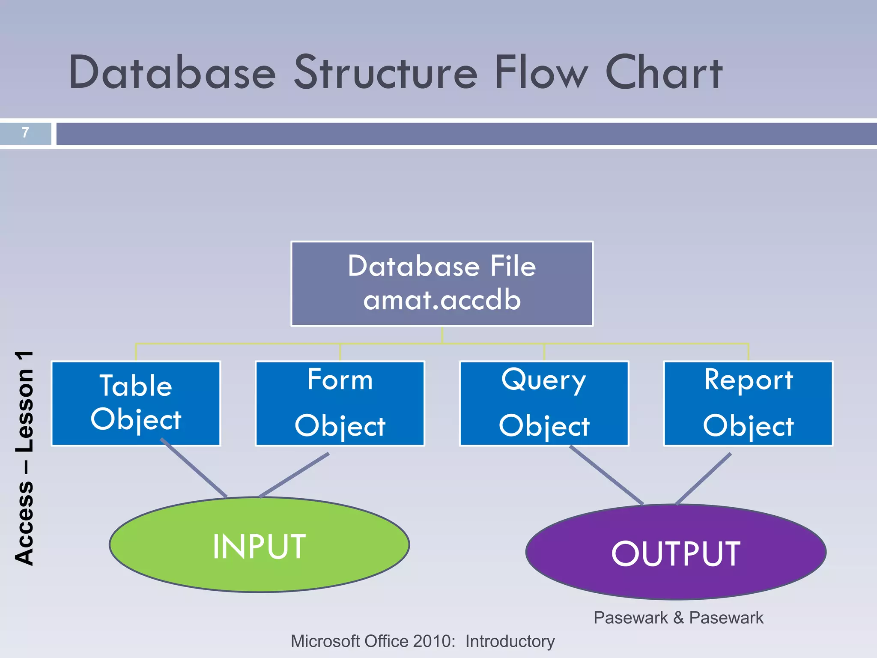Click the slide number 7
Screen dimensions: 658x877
tap(25, 132)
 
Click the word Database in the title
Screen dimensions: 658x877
tap(172, 72)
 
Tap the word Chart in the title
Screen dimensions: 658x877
tap(664, 72)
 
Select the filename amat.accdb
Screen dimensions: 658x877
tap(442, 300)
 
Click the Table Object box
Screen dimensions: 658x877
tap(136, 403)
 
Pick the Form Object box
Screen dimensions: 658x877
tap(340, 403)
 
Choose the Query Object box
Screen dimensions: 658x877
tap(544, 403)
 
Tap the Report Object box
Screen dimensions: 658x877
tap(748, 403)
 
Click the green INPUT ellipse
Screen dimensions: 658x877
tap(259, 545)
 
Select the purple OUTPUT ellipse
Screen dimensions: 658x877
tap(676, 553)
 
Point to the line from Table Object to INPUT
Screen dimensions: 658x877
tap(194, 468)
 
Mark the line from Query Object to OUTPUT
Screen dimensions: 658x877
tap(606, 476)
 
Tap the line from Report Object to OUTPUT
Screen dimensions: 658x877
tap(704, 479)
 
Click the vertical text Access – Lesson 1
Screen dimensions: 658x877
tap(24, 458)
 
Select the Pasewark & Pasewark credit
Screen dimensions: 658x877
tap(678, 618)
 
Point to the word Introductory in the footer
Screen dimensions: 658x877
tap(510, 641)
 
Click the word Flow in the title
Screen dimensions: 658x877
tap(542, 72)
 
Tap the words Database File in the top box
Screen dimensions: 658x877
tap(442, 266)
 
